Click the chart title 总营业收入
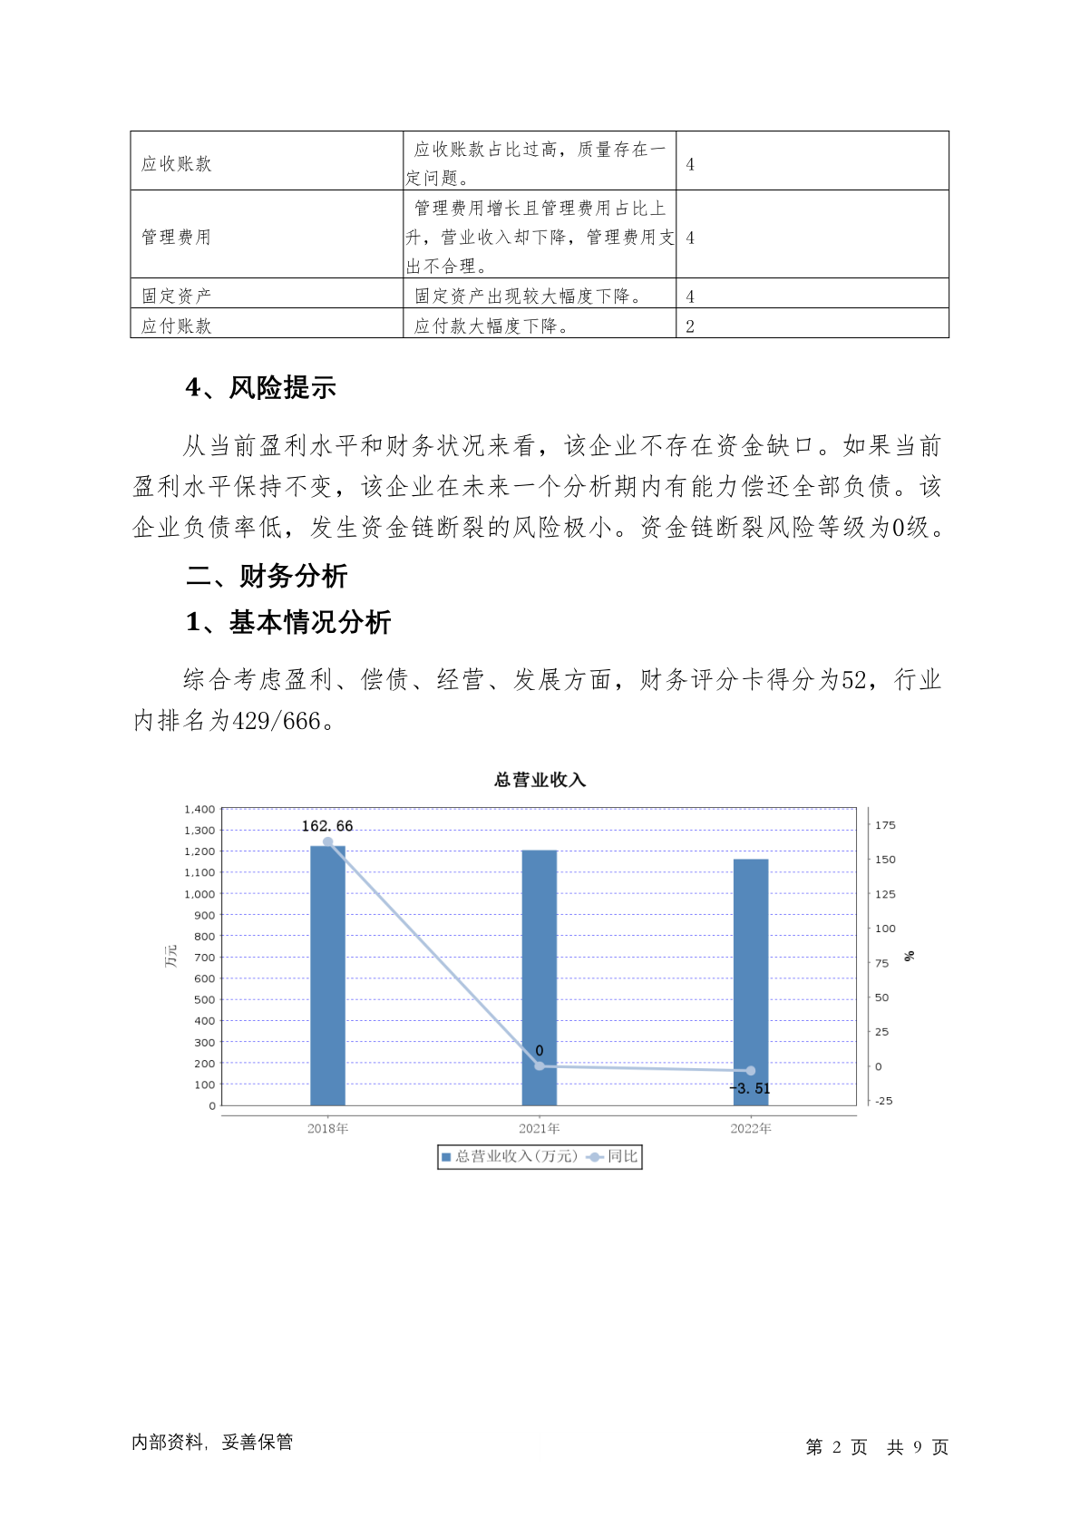pos(540,780)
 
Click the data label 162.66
pos(327,826)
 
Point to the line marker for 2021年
pos(540,1065)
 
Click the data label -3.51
pos(750,1088)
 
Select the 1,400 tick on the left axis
pos(199,809)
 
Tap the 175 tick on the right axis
pos(885,825)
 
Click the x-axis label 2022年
pos(751,1129)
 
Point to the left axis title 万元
pos(170,956)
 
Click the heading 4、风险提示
pos(261,388)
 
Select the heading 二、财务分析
pos(267,576)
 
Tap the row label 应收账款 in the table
pos(177,164)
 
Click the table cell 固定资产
pos(177,297)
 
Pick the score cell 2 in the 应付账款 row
pos(690,326)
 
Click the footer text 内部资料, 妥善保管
pos(212,1442)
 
